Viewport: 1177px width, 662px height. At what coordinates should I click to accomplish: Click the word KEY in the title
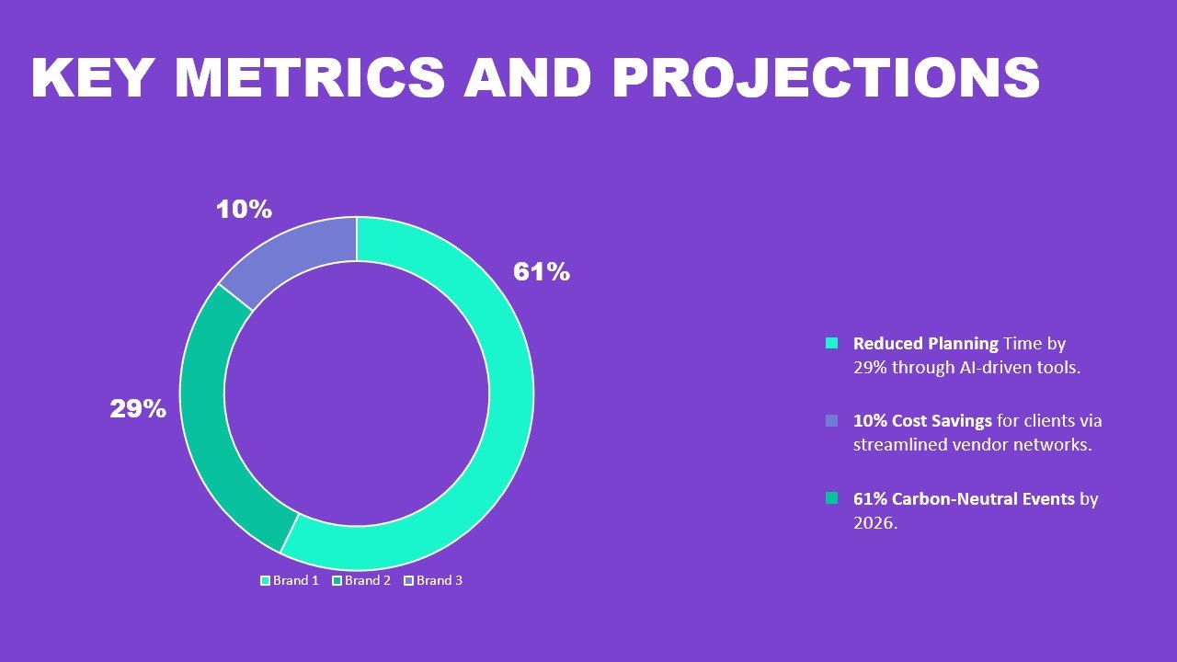[x=89, y=78]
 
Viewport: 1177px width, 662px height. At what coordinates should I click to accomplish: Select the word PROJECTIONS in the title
[x=826, y=78]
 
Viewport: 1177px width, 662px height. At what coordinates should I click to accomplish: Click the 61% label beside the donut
[x=542, y=272]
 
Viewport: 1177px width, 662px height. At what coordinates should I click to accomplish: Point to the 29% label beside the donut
[x=138, y=409]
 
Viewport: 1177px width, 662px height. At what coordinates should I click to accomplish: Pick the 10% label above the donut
[x=244, y=210]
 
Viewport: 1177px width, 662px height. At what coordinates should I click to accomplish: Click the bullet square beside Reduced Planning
[x=832, y=343]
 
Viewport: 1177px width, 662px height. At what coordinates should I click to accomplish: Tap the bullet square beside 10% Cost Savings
[x=832, y=420]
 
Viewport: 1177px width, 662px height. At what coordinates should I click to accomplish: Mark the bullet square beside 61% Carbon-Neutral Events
[x=832, y=498]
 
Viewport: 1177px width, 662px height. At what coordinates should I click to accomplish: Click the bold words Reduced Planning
[x=925, y=344]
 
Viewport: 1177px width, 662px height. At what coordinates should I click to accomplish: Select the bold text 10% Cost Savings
[x=922, y=421]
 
